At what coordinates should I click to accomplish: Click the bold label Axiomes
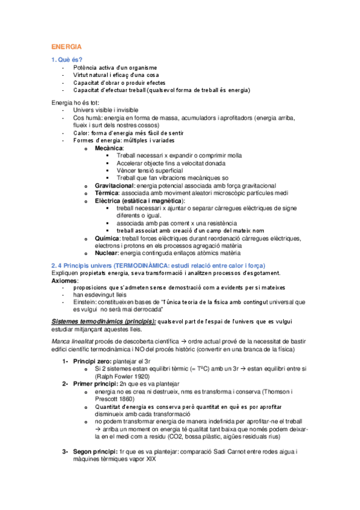click(x=64, y=281)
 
